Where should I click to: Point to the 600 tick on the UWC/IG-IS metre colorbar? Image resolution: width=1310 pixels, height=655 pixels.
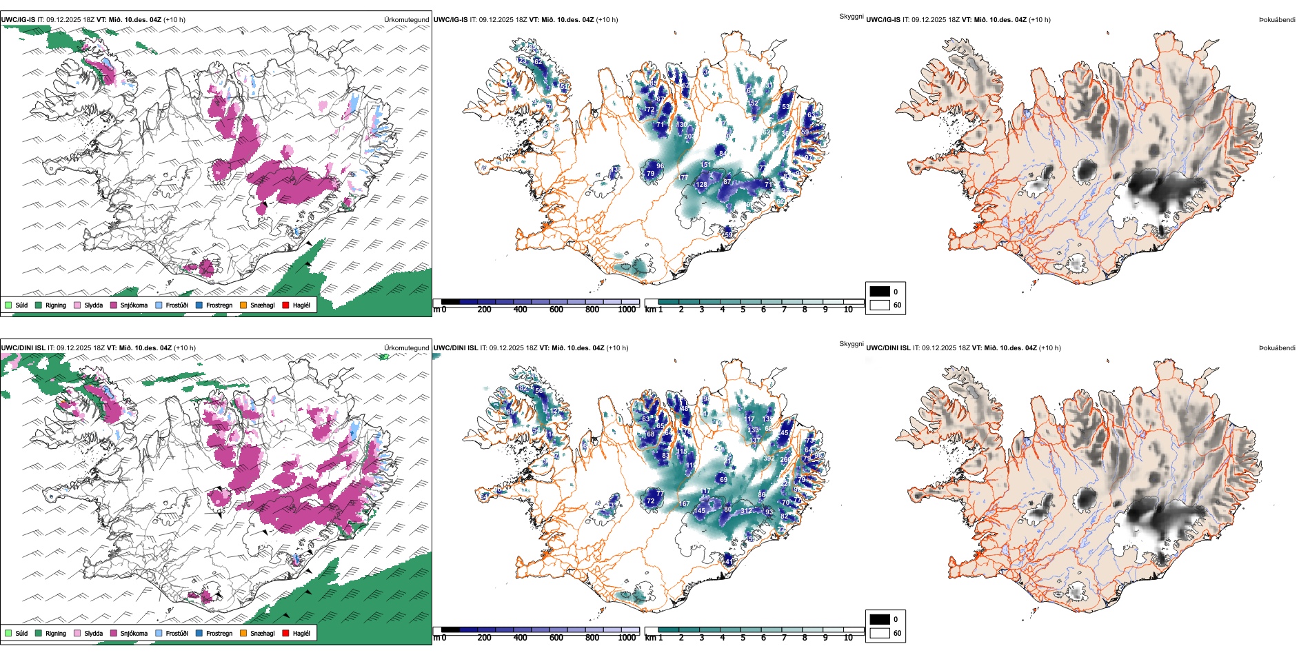(x=556, y=310)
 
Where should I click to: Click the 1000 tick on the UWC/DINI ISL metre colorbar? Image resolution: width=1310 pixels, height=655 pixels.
(x=627, y=638)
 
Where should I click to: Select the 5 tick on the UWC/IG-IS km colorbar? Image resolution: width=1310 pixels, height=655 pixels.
(x=743, y=310)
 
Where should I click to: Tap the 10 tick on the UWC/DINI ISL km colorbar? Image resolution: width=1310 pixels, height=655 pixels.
(x=848, y=638)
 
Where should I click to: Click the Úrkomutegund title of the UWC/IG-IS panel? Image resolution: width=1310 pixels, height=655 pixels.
(x=406, y=20)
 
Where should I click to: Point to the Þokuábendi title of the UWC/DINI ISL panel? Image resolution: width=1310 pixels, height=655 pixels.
(x=1277, y=348)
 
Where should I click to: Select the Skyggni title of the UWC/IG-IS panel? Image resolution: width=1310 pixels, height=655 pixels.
(x=851, y=17)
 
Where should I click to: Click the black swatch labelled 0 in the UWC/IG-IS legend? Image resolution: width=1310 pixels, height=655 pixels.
(x=880, y=292)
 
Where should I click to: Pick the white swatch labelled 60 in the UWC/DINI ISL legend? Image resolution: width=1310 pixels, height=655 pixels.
(x=880, y=633)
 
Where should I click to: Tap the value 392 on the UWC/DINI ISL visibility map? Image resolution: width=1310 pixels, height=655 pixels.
(x=769, y=458)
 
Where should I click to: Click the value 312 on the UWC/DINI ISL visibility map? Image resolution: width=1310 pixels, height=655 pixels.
(x=747, y=511)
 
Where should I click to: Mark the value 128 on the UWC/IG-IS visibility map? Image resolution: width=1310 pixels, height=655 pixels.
(x=701, y=185)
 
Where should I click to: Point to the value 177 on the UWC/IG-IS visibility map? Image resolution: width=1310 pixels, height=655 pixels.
(x=683, y=178)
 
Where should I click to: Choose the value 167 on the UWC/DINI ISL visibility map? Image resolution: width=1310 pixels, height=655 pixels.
(x=684, y=505)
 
